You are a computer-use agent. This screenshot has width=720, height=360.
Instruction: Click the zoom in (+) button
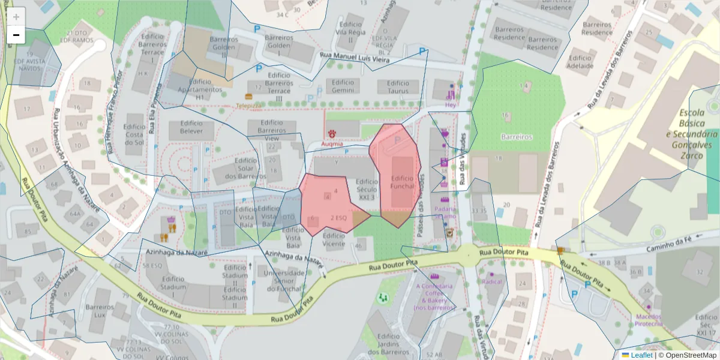point(16,17)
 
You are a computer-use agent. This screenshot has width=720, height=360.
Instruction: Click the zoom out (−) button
point(16,35)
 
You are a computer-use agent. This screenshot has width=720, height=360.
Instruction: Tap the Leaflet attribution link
point(641,355)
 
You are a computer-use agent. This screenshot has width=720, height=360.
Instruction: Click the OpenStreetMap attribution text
point(687,355)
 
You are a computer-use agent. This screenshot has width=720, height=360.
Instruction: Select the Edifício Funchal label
point(402,182)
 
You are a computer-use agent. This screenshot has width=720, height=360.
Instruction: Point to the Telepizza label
point(248,105)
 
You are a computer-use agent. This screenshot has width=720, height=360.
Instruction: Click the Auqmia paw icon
point(331,133)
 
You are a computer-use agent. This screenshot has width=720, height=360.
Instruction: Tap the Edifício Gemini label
point(343,86)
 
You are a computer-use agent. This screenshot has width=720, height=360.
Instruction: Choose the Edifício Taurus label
point(398,87)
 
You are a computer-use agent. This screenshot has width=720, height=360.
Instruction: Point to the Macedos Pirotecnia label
point(649,320)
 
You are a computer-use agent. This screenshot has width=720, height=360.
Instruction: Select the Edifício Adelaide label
point(580,62)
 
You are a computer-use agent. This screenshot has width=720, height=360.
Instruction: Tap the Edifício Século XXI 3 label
point(366,189)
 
